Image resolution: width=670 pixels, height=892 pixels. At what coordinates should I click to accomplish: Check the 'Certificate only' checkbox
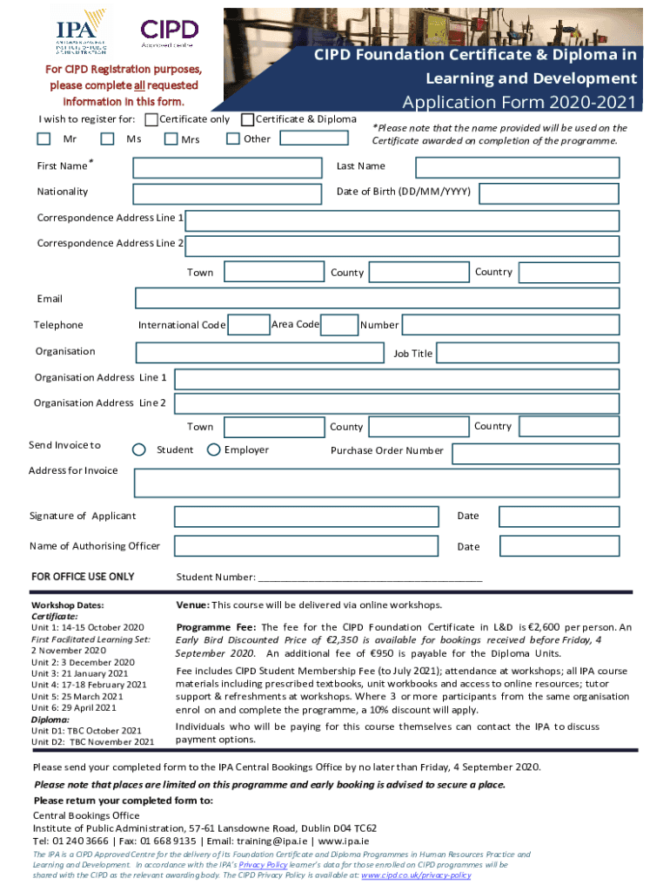pyautogui.click(x=151, y=119)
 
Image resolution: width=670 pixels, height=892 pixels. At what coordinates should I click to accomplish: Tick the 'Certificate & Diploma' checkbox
pyautogui.click(x=247, y=119)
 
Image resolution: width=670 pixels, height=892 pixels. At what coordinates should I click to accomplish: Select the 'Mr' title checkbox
pyautogui.click(x=44, y=139)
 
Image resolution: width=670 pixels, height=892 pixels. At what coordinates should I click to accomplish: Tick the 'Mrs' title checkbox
pyautogui.click(x=171, y=139)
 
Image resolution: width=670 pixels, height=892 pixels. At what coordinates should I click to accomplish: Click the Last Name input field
pyautogui.click(x=517, y=168)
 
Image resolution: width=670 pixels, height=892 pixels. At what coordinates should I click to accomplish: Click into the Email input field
pyautogui.click(x=377, y=299)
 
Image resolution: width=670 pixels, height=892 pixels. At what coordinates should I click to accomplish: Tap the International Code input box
pyautogui.click(x=249, y=325)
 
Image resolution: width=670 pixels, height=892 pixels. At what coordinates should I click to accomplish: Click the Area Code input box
pyautogui.click(x=340, y=325)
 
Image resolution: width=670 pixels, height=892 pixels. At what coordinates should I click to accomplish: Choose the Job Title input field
pyautogui.click(x=527, y=353)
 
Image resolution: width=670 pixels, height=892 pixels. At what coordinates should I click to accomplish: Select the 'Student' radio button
pyautogui.click(x=139, y=450)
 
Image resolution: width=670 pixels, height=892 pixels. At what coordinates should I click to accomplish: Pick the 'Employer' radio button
pyautogui.click(x=214, y=450)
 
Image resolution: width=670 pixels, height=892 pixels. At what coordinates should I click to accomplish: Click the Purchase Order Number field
pyautogui.click(x=535, y=453)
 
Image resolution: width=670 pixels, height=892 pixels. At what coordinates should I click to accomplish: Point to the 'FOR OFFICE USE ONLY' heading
pyautogui.click(x=83, y=577)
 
